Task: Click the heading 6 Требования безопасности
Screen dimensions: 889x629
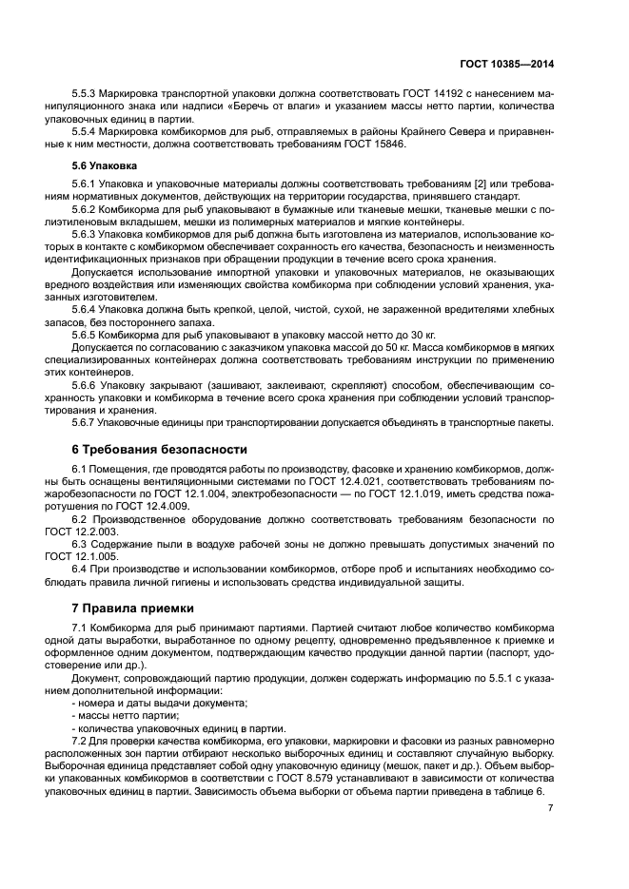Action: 160,448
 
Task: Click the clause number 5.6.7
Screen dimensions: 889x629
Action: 88,422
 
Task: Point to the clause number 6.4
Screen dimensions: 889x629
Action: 81,567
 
